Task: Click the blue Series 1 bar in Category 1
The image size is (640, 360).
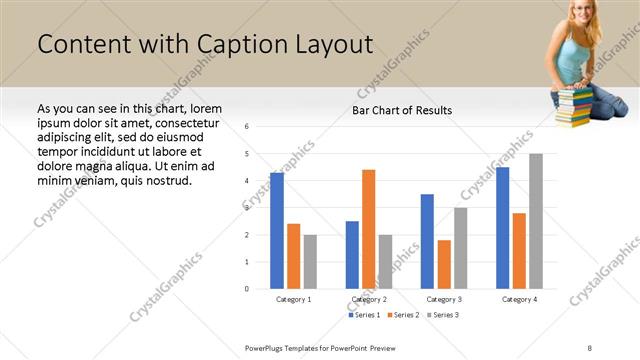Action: click(x=277, y=231)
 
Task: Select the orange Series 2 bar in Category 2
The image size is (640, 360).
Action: click(x=369, y=229)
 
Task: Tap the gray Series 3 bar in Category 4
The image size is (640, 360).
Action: click(x=536, y=221)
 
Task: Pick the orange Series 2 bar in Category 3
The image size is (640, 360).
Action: click(x=444, y=264)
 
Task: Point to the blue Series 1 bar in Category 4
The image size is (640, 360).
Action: click(x=502, y=228)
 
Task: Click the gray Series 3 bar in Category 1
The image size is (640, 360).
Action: click(x=310, y=262)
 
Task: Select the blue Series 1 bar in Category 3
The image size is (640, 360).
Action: click(x=427, y=241)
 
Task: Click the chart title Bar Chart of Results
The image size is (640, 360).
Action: click(x=402, y=110)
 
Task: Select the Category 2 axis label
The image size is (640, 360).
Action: click(x=369, y=299)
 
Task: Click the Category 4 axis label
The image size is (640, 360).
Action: click(x=519, y=299)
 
